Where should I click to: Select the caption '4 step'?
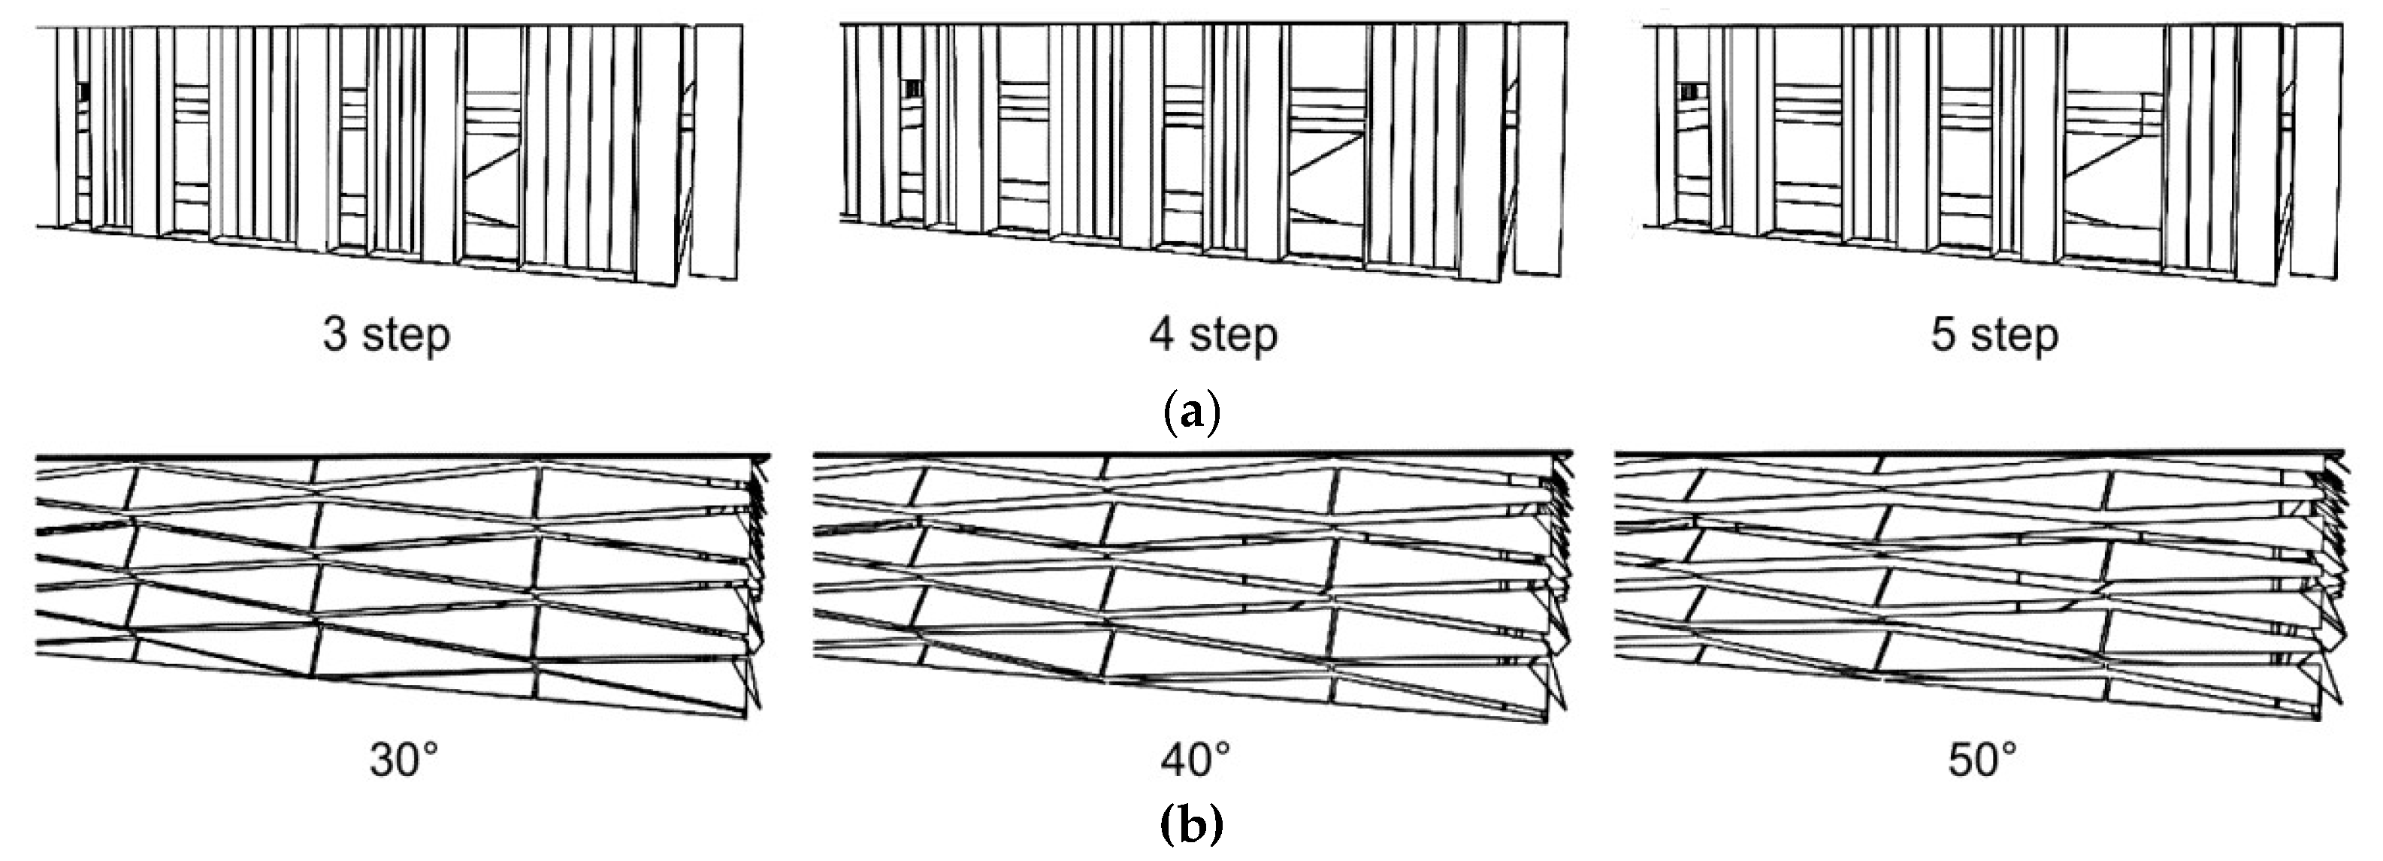(x=1213, y=335)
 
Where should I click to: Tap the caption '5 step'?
(x=1994, y=335)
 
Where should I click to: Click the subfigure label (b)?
(x=1192, y=824)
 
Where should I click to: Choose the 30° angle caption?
(x=404, y=760)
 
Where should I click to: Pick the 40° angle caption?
(x=1195, y=760)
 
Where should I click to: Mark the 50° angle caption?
(x=1982, y=760)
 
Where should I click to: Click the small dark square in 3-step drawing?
(x=83, y=92)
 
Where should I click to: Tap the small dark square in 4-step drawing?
(x=912, y=88)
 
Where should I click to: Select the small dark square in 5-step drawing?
(x=1692, y=91)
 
